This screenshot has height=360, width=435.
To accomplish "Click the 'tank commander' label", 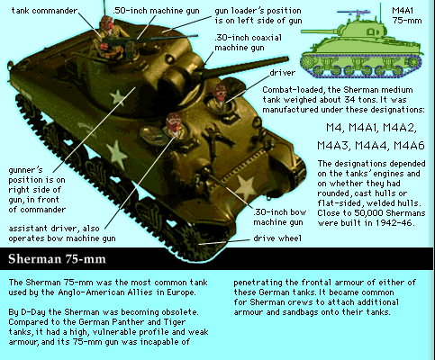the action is pyautogui.click(x=44, y=11).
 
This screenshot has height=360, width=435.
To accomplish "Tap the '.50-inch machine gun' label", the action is pyautogui.click(x=156, y=11).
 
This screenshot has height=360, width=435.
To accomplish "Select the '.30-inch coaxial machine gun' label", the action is pyautogui.click(x=248, y=42).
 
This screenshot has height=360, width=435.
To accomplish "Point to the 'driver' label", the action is pyautogui.click(x=283, y=73).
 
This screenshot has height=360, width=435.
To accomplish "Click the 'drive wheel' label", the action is pyautogui.click(x=277, y=238).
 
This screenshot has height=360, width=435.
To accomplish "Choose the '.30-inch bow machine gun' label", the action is pyautogui.click(x=279, y=217).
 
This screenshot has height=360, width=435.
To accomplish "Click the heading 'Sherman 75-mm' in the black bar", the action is pyautogui.click(x=57, y=258).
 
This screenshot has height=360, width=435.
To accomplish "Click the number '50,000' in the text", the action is pyautogui.click(x=368, y=213).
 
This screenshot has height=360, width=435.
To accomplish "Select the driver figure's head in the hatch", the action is pyautogui.click(x=220, y=91).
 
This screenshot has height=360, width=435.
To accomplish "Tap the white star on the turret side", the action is pyautogui.click(x=117, y=97).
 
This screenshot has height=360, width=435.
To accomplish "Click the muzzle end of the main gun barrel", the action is pyautogui.click(x=286, y=59).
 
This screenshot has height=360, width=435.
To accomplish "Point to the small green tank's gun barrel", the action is pyautogui.click(x=319, y=31).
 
